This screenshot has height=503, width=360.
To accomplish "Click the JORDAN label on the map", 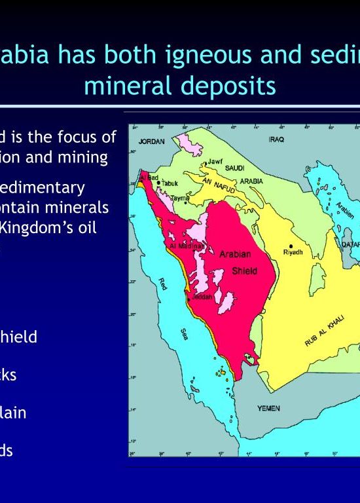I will tap(151, 141).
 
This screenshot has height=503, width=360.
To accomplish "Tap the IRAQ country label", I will tap(276, 140).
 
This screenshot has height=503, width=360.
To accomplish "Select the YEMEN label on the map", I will tap(268, 408).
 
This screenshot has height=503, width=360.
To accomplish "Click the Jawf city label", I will tap(215, 161).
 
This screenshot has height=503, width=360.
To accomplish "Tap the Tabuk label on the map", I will tap(170, 183).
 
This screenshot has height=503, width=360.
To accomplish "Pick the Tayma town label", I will tap(179, 198).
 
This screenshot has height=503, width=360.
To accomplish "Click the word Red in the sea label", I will tap(163, 283).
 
